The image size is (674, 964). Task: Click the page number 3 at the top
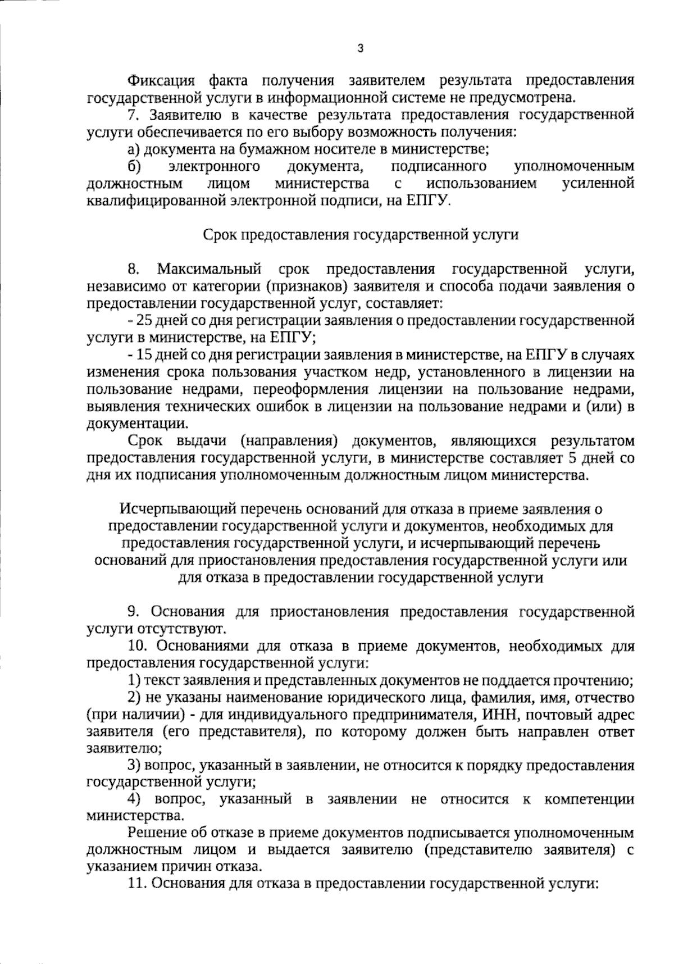[x=360, y=48]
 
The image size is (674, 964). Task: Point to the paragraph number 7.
[x=133, y=115]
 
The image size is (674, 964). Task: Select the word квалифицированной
[x=158, y=201]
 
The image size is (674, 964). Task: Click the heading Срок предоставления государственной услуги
[x=360, y=234]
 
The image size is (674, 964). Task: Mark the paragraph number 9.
[x=134, y=611]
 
